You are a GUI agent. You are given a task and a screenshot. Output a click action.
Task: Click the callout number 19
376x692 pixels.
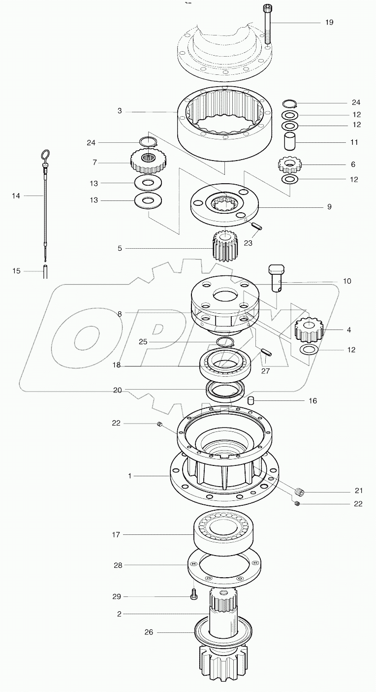(329, 23)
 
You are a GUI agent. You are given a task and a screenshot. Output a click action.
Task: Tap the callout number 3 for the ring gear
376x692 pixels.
(120, 111)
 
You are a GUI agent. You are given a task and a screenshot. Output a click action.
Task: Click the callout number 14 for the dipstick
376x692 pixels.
(16, 196)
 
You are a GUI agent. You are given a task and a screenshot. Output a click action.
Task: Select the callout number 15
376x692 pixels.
(16, 271)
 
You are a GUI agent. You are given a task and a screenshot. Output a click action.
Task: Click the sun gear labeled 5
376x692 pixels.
(225, 246)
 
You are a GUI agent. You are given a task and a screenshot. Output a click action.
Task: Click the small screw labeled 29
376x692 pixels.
(193, 596)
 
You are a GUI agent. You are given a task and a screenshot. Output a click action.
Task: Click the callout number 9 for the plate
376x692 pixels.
(329, 207)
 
